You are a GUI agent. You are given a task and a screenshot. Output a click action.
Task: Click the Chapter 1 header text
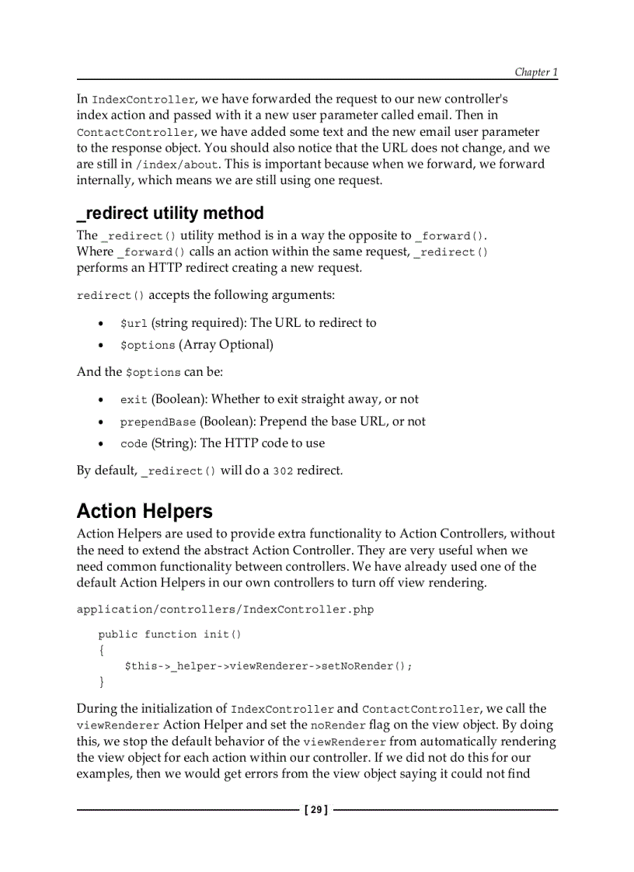[x=536, y=72]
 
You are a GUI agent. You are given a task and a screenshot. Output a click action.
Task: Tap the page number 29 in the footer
[x=315, y=810]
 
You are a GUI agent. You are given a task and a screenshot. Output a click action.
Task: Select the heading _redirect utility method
[x=170, y=213]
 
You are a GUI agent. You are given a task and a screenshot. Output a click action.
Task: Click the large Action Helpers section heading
[x=145, y=511]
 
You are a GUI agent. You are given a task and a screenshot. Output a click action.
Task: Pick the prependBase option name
[x=158, y=422]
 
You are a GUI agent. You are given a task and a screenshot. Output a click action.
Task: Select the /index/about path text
[x=176, y=165]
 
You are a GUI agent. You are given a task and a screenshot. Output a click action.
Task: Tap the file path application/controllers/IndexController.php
[x=225, y=610]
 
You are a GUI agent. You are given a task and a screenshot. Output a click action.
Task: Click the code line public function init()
[x=169, y=634]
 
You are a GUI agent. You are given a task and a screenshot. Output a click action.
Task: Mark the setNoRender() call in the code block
[x=364, y=666]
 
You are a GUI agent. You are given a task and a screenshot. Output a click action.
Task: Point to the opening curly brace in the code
[x=101, y=650]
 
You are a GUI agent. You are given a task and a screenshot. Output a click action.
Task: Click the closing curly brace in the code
[x=101, y=682]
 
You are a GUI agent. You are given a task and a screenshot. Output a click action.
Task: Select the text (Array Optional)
[x=226, y=345]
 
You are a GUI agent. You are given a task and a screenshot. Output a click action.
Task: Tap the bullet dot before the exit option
[x=102, y=400]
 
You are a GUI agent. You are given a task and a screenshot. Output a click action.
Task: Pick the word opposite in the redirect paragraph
[x=370, y=235]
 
